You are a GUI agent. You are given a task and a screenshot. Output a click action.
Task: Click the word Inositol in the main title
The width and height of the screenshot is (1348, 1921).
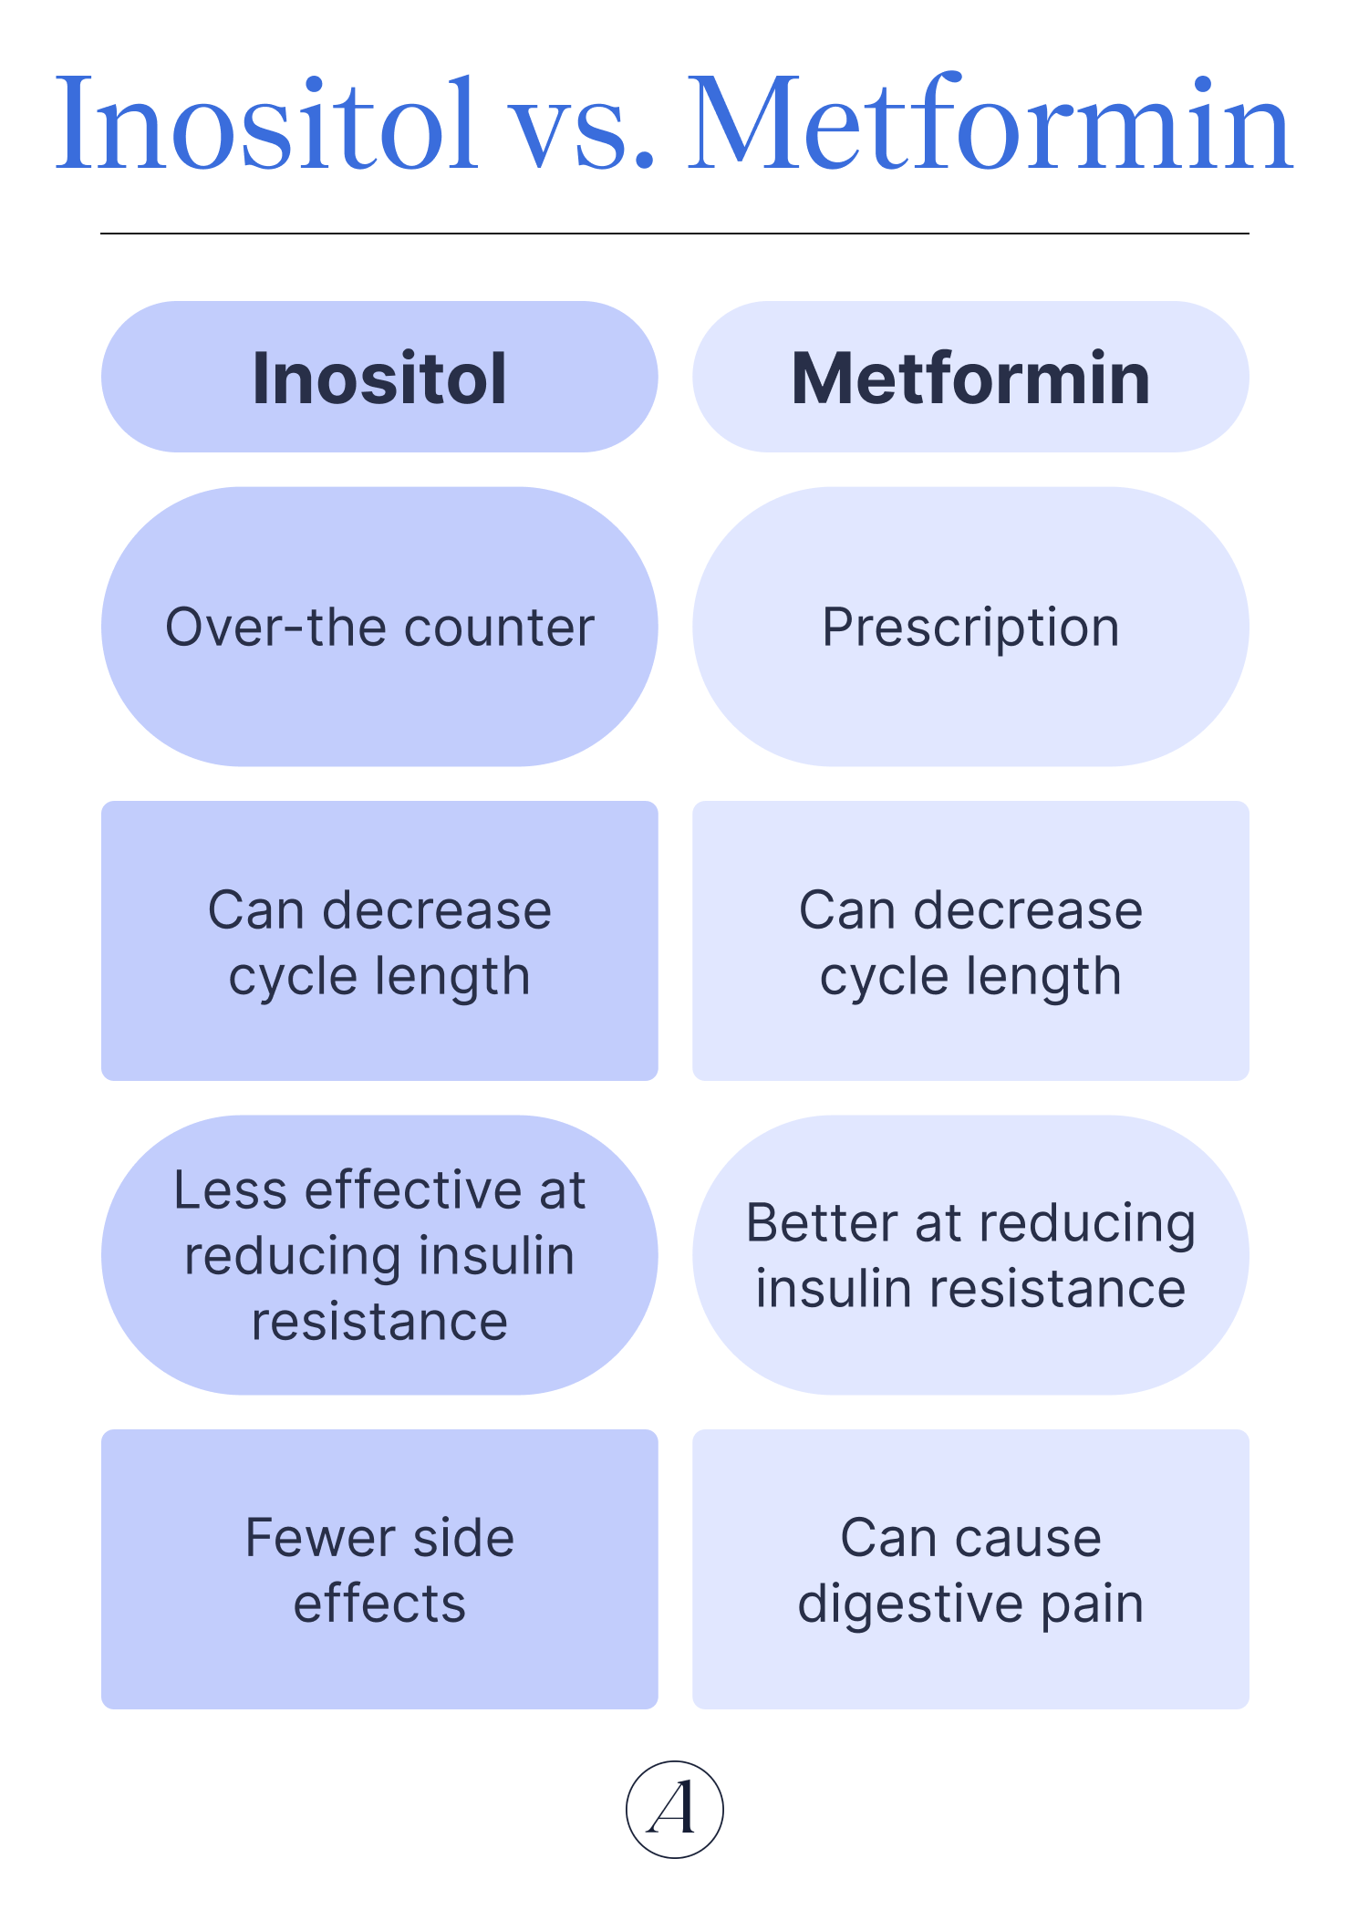click(x=266, y=124)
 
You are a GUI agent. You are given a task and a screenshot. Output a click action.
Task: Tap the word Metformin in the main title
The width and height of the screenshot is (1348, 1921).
click(x=990, y=124)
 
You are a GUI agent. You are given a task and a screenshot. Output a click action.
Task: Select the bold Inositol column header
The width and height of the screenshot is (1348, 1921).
click(x=379, y=378)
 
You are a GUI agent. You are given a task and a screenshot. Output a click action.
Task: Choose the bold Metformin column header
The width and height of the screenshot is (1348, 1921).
click(x=970, y=378)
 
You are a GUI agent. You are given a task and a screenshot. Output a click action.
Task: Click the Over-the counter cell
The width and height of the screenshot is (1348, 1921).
click(x=379, y=628)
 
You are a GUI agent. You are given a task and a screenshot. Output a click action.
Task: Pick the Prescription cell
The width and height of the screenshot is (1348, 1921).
click(x=970, y=628)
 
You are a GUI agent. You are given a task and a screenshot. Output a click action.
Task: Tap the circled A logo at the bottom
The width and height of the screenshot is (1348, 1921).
click(x=674, y=1809)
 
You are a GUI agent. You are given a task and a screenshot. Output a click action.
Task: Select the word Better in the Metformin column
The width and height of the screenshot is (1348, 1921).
click(x=822, y=1223)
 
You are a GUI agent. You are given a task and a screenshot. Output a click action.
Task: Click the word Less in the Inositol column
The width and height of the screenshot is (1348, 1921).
click(x=230, y=1190)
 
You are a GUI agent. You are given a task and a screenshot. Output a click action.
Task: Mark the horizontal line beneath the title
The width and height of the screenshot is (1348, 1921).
click(x=674, y=234)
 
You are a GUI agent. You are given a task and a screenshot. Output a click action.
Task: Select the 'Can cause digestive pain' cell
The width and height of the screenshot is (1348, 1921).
click(x=970, y=1570)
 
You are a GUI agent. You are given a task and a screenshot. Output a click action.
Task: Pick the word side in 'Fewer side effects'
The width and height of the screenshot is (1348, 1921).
click(x=463, y=1538)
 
